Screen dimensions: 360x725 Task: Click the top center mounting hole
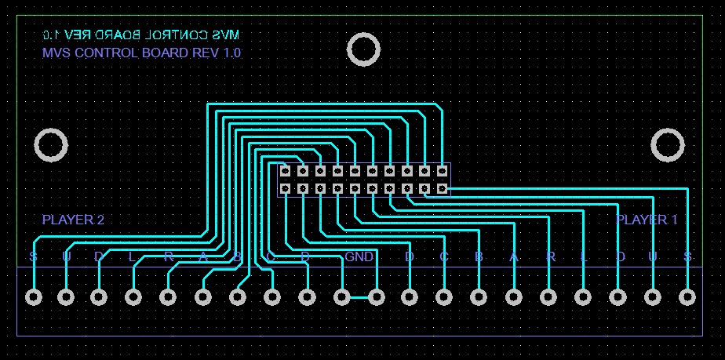tap(363, 49)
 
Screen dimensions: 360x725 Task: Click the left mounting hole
tap(51, 145)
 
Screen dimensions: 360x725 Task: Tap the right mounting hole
tap(669, 145)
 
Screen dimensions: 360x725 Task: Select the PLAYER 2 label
tap(73, 220)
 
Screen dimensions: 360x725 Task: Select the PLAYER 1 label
tap(647, 220)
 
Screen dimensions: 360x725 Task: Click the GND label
tap(359, 256)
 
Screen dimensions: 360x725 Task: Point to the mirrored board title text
tap(141, 35)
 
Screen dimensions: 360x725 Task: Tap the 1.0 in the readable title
tap(232, 53)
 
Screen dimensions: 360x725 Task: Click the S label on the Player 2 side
tap(33, 257)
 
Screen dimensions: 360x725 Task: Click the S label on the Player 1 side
tap(687, 257)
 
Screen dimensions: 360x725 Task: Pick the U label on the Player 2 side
tap(66, 257)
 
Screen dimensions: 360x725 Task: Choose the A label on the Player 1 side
tap(514, 257)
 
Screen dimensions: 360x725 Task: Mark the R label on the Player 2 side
tap(168, 257)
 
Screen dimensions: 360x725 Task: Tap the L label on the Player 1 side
tap(583, 257)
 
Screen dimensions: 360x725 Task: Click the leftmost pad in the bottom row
tap(33, 297)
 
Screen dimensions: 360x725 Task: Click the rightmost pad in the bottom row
tap(687, 297)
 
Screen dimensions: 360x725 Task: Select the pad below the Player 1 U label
tap(653, 297)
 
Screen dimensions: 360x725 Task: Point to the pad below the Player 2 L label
tap(133, 297)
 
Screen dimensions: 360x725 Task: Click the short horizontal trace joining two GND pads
tap(359, 297)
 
